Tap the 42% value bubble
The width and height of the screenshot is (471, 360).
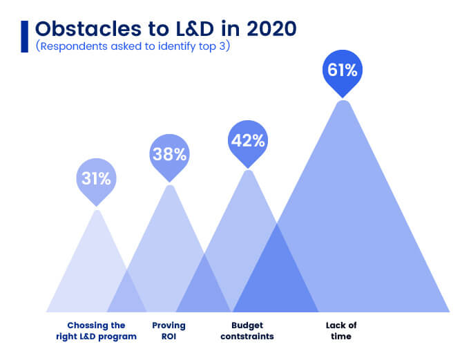click(247, 141)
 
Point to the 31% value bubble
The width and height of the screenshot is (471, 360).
click(96, 179)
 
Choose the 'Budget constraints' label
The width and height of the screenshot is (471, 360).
click(247, 330)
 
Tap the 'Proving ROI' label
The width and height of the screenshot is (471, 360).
click(169, 330)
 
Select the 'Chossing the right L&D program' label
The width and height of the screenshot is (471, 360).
click(96, 330)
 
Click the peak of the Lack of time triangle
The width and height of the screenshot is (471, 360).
click(343, 103)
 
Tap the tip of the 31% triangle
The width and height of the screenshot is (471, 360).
click(97, 211)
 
